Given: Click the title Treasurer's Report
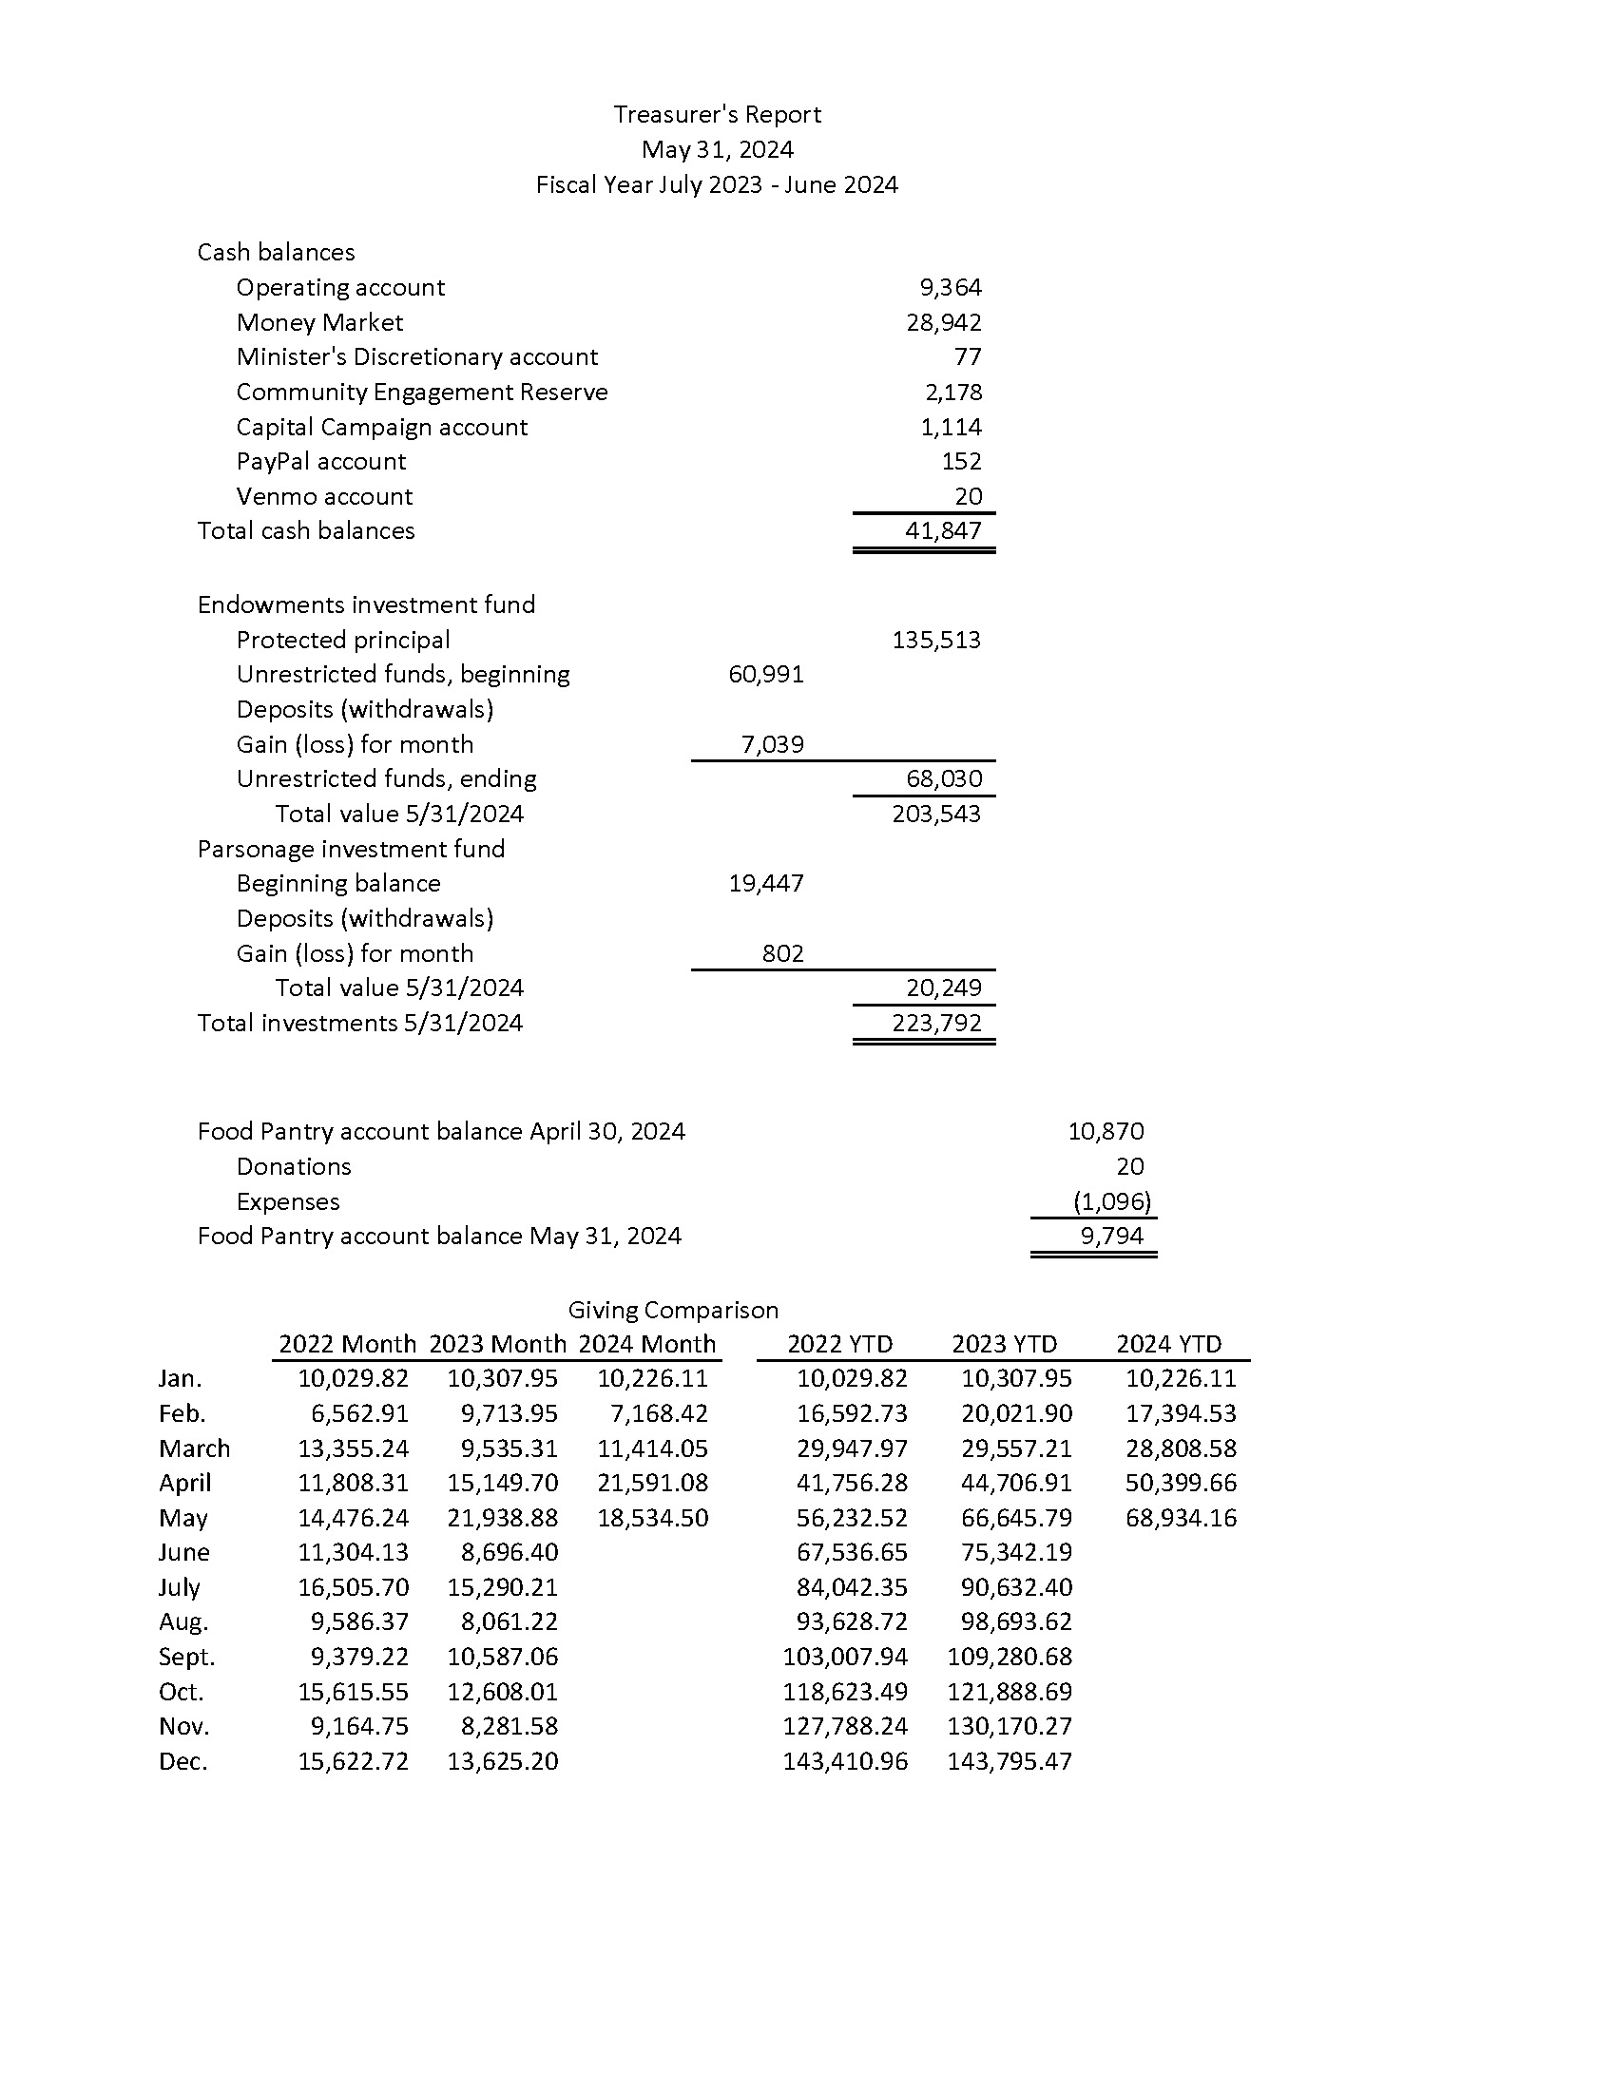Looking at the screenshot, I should click(x=717, y=115).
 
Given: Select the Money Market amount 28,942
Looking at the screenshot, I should click(x=943, y=322).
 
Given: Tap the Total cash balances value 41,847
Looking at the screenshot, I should click(x=943, y=530).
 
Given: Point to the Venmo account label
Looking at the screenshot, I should click(x=323, y=496).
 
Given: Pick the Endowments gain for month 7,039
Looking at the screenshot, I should click(x=772, y=744).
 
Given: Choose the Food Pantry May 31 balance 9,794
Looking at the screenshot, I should click(x=1111, y=1236).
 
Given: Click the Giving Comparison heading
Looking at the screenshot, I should click(x=673, y=1310).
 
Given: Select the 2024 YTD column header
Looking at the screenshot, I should click(x=1169, y=1344).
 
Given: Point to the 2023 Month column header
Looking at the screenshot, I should click(x=497, y=1344).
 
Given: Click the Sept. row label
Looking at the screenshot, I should click(x=186, y=1657).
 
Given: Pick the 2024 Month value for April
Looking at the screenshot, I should click(x=652, y=1483).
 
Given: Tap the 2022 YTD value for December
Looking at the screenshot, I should click(x=844, y=1760).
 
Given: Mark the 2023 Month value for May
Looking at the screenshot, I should click(x=502, y=1518).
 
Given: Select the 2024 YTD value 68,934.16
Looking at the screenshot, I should click(x=1181, y=1518).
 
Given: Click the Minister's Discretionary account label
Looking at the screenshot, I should click(x=416, y=357).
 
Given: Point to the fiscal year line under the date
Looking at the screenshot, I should click(x=717, y=184).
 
